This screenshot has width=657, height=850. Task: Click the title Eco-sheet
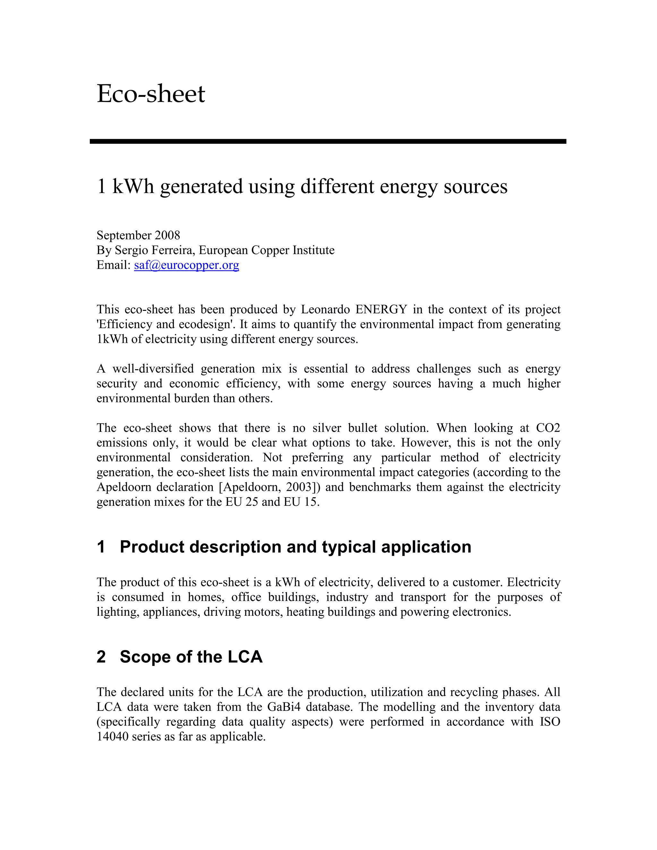tap(151, 94)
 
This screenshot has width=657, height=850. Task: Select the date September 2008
tap(138, 235)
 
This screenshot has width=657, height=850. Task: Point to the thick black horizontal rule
tap(328, 141)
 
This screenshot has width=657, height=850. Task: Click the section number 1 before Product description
tap(101, 547)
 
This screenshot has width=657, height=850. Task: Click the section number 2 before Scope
tap(101, 657)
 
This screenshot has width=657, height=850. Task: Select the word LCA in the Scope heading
tap(245, 657)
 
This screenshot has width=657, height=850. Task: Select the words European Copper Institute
tap(266, 250)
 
